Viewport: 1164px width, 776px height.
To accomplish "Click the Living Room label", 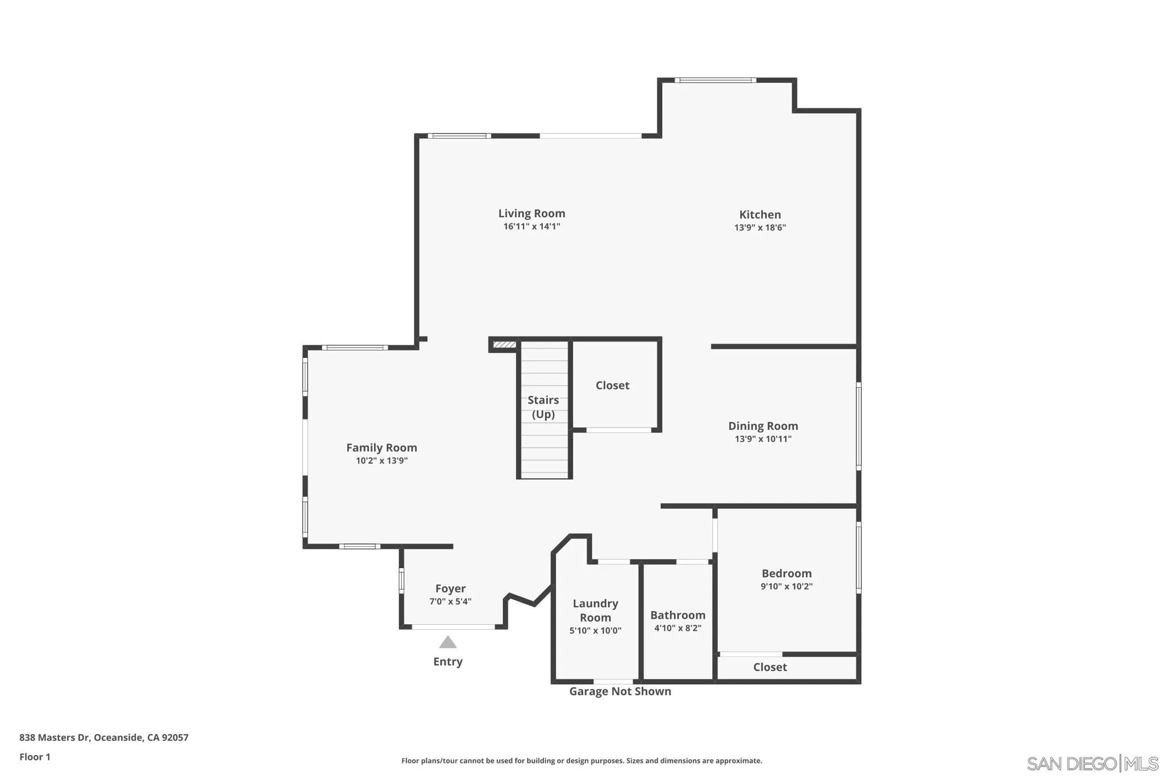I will tap(531, 213).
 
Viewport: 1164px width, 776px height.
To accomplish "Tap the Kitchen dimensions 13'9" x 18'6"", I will tap(760, 227).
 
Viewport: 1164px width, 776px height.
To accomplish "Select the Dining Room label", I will tap(763, 426).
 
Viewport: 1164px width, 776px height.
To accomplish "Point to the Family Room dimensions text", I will tap(381, 460).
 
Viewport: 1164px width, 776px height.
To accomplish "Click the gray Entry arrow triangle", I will tap(448, 642).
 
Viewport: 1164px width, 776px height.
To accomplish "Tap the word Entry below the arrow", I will tap(448, 661).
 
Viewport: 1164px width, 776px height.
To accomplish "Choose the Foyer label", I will tap(450, 588).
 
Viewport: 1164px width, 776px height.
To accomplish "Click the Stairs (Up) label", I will tap(543, 407).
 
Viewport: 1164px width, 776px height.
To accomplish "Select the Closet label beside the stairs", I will tap(612, 385).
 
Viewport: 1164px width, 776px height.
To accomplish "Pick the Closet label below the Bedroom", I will tap(770, 667).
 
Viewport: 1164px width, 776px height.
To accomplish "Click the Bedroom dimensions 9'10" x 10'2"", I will tap(787, 586).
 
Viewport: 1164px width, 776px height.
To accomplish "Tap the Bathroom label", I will tap(677, 615).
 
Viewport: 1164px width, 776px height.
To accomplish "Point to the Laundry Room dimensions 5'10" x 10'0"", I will tap(595, 630).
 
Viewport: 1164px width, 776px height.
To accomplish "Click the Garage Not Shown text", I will tap(620, 691).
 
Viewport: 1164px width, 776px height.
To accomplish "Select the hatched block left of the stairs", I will tap(504, 345).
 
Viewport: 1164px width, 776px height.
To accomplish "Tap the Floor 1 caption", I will tap(35, 757).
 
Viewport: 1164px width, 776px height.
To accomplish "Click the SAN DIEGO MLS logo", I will tap(1092, 763).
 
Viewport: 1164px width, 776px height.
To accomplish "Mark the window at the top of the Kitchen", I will tap(715, 80).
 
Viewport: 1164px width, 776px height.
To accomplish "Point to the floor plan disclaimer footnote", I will tap(581, 761).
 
